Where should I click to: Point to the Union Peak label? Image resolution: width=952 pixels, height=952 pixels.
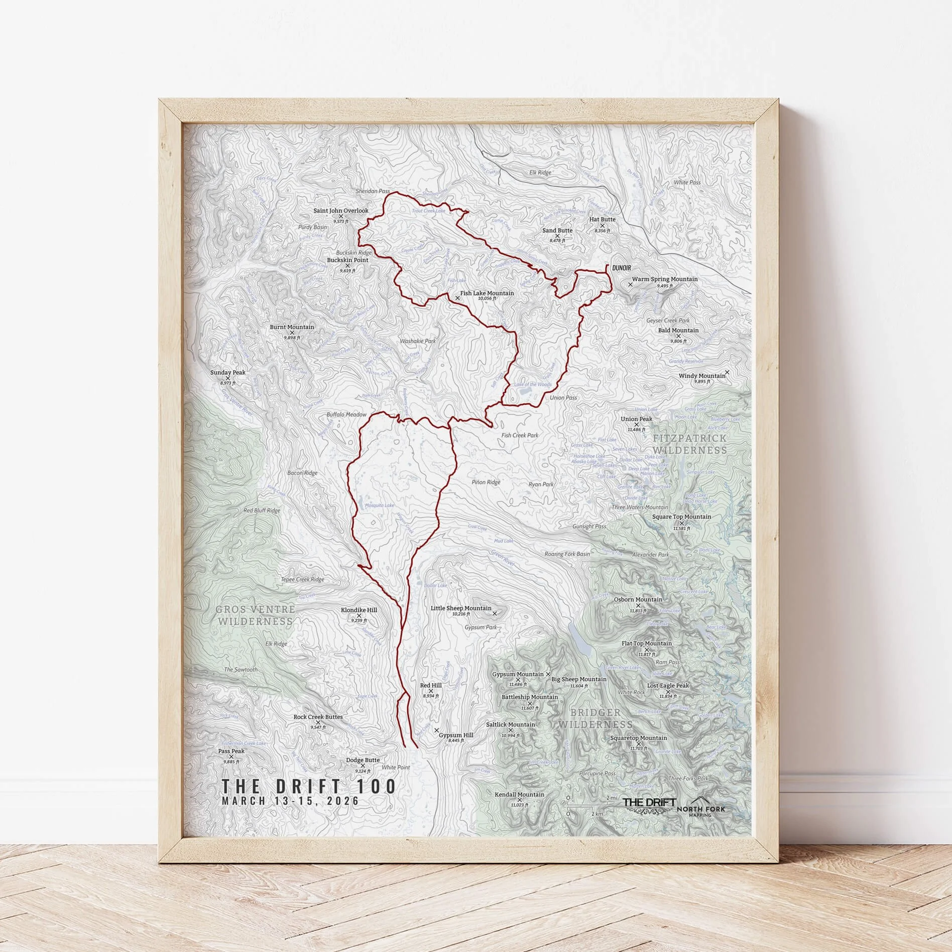(x=636, y=419)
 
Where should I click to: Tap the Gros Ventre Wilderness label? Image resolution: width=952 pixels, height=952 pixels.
(x=255, y=615)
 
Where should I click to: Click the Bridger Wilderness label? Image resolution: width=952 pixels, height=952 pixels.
(x=595, y=718)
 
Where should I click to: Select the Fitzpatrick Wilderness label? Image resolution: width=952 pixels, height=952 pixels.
(x=689, y=444)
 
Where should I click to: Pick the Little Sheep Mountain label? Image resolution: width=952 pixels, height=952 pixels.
(x=461, y=608)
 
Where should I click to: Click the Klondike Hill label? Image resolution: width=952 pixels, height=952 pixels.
(x=359, y=610)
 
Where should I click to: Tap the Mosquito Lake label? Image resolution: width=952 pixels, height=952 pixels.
(x=379, y=505)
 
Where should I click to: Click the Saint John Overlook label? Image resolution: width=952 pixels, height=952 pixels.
(x=340, y=211)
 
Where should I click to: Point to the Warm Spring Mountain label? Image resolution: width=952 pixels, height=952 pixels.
(x=664, y=279)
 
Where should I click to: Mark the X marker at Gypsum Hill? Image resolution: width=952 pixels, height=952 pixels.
(x=436, y=729)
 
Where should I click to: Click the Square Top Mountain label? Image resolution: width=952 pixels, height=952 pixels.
(x=681, y=516)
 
